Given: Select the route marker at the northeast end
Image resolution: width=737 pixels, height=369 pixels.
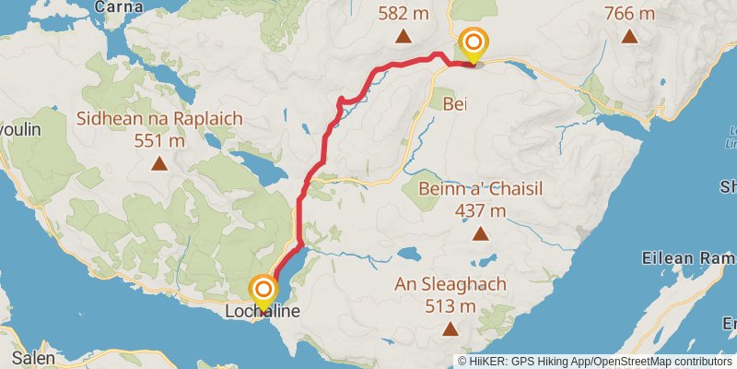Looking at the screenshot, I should (474, 44).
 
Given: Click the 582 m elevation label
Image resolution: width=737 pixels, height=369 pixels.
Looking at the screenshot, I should (403, 14).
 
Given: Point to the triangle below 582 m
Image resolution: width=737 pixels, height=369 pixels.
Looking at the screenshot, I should (403, 37).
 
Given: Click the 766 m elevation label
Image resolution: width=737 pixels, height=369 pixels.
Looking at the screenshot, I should (629, 14).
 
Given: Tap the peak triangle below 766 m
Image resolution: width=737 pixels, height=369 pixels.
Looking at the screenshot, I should (629, 37).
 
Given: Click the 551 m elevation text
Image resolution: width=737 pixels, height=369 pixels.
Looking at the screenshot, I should (159, 141).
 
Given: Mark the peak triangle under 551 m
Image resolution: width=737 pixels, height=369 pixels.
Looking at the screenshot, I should (159, 165).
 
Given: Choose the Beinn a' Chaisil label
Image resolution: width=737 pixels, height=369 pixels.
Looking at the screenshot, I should (480, 189).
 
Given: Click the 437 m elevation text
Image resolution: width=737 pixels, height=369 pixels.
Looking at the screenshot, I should (480, 210).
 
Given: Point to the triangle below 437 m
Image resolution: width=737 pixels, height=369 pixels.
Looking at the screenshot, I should (480, 234).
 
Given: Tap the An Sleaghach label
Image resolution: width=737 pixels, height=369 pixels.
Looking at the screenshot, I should (450, 284).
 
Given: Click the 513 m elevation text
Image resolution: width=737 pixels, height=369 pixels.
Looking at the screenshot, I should (450, 305).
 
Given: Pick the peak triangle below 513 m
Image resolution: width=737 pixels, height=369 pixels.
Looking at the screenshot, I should (450, 329).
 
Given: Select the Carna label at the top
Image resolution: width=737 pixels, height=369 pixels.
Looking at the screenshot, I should (123, 6).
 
